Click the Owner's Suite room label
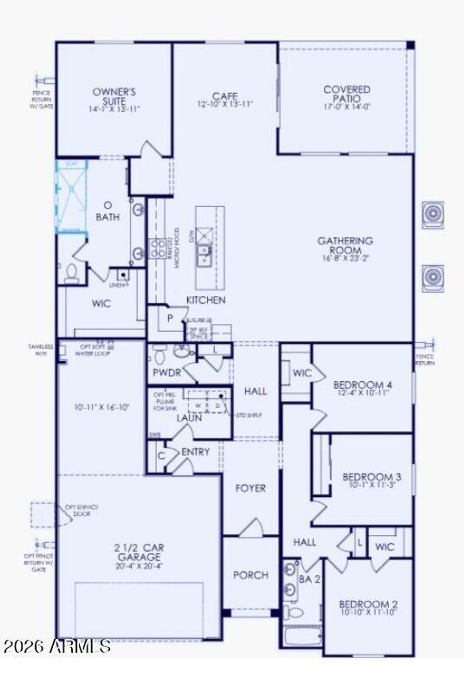coord(114,96)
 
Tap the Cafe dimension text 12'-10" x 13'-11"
coord(225,104)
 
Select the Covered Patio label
coord(347,94)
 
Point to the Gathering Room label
coord(345,245)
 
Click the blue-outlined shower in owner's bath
coord(71,197)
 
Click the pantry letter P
coord(170,319)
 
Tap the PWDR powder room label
coord(167,372)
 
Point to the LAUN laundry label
coord(189,418)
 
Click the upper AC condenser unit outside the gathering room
coord(433,214)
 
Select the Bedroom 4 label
coord(362,385)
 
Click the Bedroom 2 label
coord(368,604)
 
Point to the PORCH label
coord(251,575)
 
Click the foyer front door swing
coord(252,528)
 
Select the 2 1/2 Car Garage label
coord(139,552)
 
